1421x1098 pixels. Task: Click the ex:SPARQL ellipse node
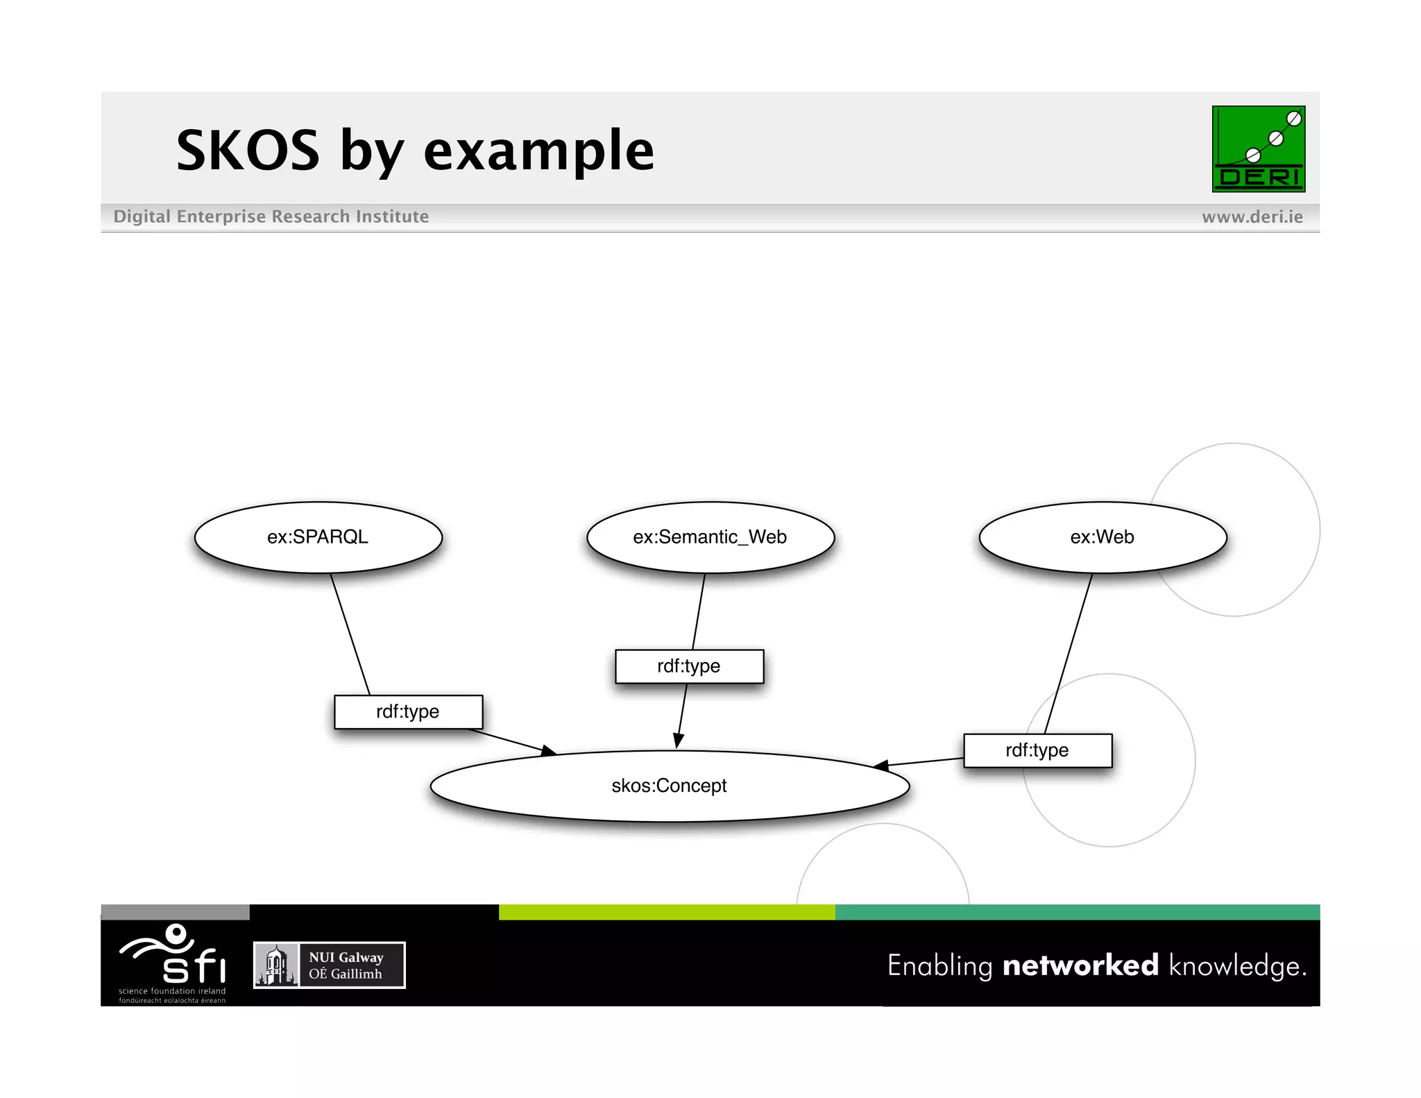click(318, 537)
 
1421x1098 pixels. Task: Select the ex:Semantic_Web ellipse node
click(710, 537)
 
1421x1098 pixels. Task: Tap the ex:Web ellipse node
click(1102, 537)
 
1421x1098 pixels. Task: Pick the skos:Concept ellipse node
click(669, 786)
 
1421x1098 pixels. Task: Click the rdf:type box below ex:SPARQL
click(408, 711)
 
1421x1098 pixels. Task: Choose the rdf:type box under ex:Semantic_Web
click(689, 666)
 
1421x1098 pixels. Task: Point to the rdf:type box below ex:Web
click(1037, 750)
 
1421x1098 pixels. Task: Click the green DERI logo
click(1258, 149)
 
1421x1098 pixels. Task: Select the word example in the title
click(538, 151)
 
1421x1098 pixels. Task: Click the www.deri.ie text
click(1252, 217)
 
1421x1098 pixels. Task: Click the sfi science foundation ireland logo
click(173, 962)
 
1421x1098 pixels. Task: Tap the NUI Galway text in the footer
click(346, 957)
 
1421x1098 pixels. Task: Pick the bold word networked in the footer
click(1080, 965)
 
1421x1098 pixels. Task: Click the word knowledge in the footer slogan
click(1236, 966)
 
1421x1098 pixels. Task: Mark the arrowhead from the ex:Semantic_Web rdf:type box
click(678, 741)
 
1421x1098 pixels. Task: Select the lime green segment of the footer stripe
click(666, 912)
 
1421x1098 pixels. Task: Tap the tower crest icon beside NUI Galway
click(276, 965)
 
